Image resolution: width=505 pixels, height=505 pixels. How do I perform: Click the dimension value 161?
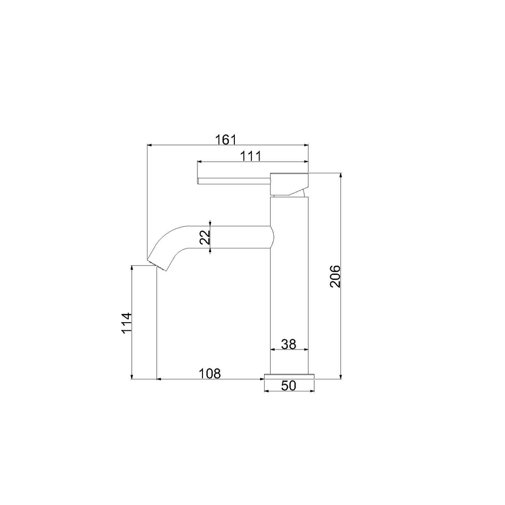[226, 140]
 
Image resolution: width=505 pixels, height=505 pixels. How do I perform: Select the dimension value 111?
[251, 156]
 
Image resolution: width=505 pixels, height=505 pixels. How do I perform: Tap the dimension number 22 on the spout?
[205, 237]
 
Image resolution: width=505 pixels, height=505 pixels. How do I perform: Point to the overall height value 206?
[335, 276]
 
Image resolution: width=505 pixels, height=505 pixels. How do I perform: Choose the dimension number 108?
[210, 374]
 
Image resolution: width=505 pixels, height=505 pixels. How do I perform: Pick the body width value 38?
[288, 344]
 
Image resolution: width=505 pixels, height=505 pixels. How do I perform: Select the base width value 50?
[288, 385]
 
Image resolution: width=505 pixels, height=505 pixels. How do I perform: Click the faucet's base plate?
[289, 377]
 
